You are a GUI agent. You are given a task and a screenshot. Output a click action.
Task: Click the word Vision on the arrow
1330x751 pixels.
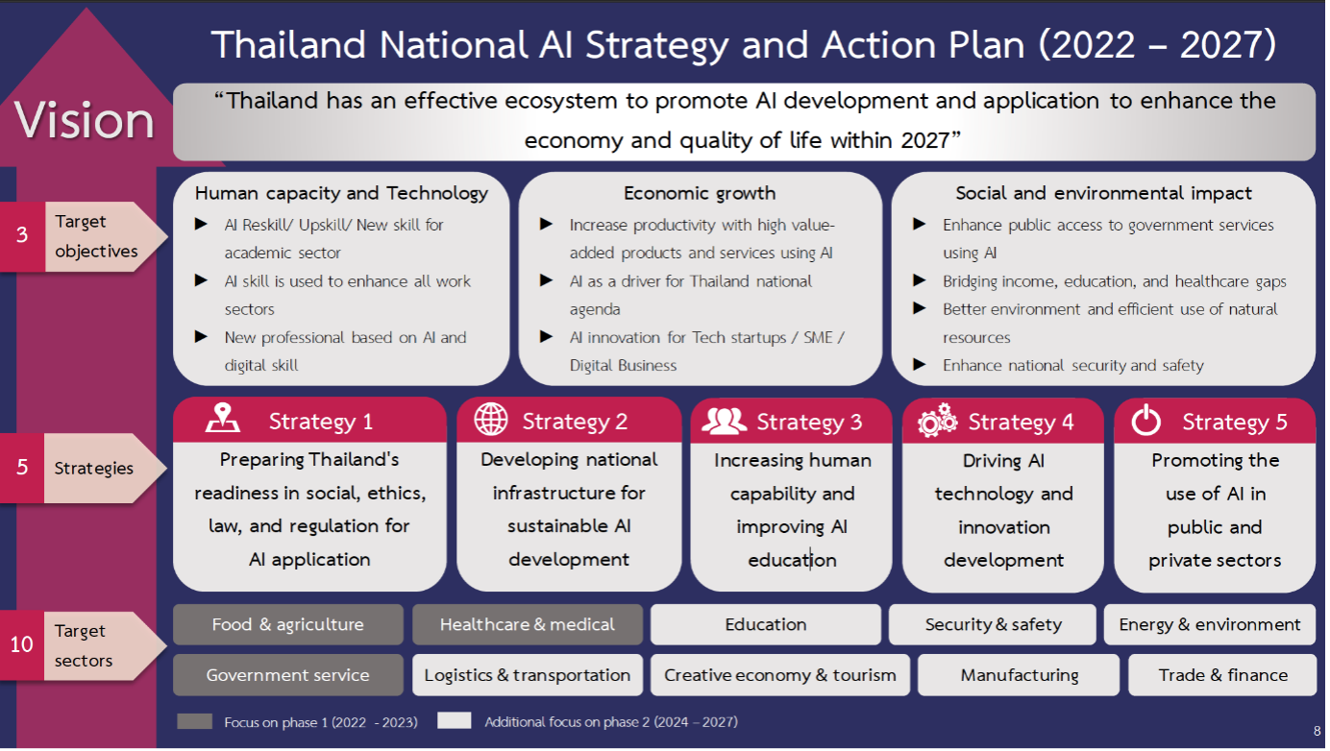84,120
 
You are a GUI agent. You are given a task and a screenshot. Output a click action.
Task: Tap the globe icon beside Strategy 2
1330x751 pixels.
491,420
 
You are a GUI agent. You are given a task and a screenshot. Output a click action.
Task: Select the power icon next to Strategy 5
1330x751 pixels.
1145,421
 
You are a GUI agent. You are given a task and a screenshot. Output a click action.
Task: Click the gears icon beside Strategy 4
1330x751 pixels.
938,422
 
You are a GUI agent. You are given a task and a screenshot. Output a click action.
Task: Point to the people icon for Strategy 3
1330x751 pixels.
724,421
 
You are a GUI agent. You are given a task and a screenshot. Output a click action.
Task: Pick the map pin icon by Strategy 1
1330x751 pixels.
223,418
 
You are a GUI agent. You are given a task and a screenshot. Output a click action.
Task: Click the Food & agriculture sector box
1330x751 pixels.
288,624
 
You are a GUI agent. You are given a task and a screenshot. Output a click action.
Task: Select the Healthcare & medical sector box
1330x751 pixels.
528,624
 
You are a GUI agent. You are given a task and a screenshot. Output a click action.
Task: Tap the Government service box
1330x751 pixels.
288,675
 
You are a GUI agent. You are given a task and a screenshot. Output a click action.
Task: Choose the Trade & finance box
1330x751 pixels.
1222,675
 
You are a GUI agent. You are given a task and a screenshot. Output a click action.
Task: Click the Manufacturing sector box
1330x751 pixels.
1019,675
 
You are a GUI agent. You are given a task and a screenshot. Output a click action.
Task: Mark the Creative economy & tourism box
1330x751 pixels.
780,675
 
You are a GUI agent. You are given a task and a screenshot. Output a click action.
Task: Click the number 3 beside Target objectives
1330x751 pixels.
22,235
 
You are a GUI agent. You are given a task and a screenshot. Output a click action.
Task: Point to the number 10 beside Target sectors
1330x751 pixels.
21,644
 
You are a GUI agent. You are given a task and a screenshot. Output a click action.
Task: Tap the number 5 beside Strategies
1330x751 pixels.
22,468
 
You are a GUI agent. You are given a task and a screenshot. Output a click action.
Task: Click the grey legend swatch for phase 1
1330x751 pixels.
195,721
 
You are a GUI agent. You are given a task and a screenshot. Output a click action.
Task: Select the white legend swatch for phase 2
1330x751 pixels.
455,720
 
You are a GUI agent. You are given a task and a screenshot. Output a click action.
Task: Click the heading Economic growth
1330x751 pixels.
700,193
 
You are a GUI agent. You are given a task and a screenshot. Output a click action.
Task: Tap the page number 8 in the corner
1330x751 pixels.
1317,732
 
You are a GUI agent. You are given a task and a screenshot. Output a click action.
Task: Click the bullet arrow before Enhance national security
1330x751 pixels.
919,364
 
